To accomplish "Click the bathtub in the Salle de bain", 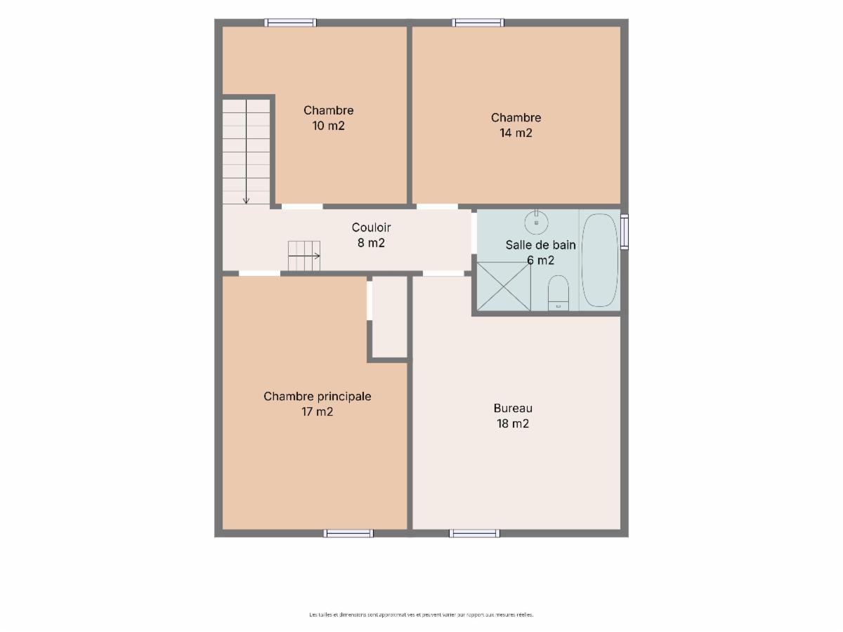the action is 599,260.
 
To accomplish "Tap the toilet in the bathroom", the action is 558,292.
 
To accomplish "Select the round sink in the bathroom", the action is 537,222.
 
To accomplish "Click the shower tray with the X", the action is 504,287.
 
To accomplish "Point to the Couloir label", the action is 371,228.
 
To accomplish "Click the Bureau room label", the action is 513,408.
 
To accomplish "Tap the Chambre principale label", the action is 318,396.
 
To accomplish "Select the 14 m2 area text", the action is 516,133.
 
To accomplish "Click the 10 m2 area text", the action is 328,126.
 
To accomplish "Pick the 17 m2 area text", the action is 318,412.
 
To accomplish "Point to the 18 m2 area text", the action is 513,423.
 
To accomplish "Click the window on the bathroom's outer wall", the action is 625,232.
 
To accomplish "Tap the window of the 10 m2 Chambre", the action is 291,22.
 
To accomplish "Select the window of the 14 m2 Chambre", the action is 478,22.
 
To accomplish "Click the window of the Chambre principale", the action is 348,534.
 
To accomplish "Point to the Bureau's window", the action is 474,534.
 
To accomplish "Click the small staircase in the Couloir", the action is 304,256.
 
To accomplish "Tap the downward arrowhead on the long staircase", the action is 246,201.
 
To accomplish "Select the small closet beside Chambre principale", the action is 389,317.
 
